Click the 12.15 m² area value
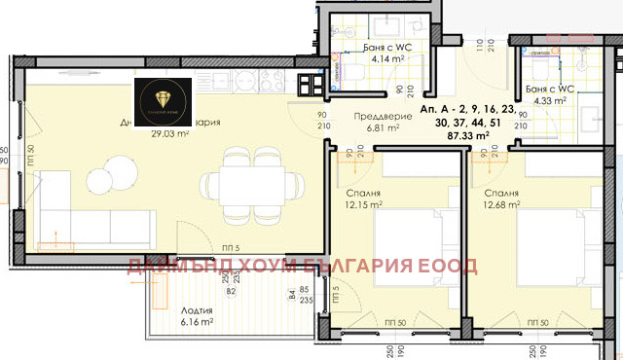pos(358,205)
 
